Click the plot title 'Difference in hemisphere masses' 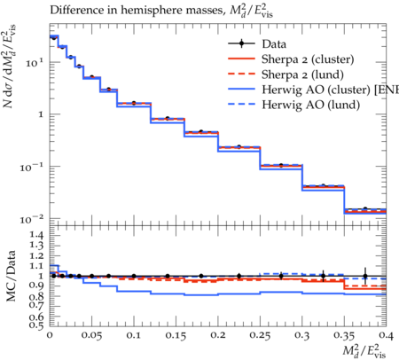tap(136, 10)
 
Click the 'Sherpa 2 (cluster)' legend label tap(308, 59)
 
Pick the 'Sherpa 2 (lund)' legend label tap(302, 74)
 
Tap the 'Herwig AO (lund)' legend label tap(311, 105)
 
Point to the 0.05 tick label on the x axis tap(91, 336)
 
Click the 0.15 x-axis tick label tap(176, 336)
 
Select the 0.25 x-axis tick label tap(260, 336)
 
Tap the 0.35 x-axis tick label tap(344, 336)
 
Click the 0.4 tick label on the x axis tap(386, 336)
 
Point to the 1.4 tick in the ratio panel tap(36, 236)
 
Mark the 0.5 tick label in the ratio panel tap(36, 325)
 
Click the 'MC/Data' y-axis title tap(12, 276)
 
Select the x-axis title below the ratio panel tap(364, 351)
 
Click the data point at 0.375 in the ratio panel tap(365, 277)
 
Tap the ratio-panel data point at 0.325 tap(323, 276)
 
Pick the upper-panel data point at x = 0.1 tap(134, 103)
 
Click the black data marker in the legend tap(241, 43)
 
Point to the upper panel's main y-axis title tap(9, 67)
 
